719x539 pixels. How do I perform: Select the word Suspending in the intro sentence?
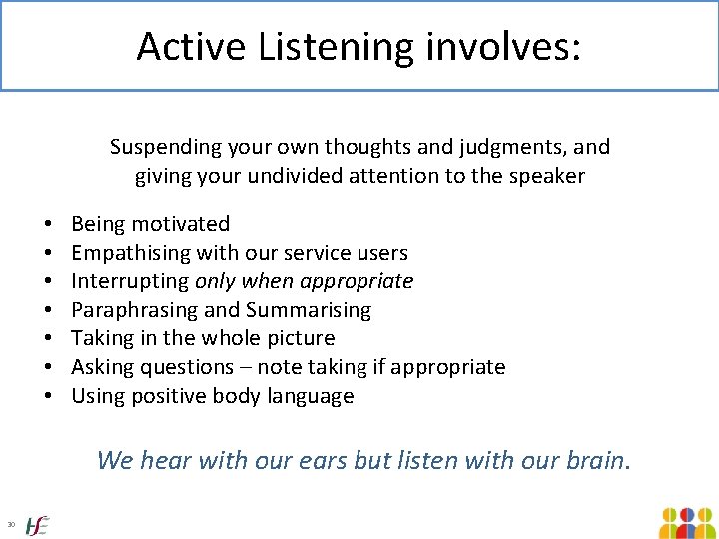(x=161, y=148)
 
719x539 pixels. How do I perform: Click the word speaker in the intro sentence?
(x=548, y=177)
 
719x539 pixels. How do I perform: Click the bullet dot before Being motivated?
(x=48, y=224)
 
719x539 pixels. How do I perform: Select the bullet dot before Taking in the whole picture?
(x=48, y=339)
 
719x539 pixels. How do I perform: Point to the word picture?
(x=298, y=339)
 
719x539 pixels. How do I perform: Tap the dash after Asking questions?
(x=246, y=368)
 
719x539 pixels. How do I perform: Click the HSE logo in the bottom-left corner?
(x=37, y=524)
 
